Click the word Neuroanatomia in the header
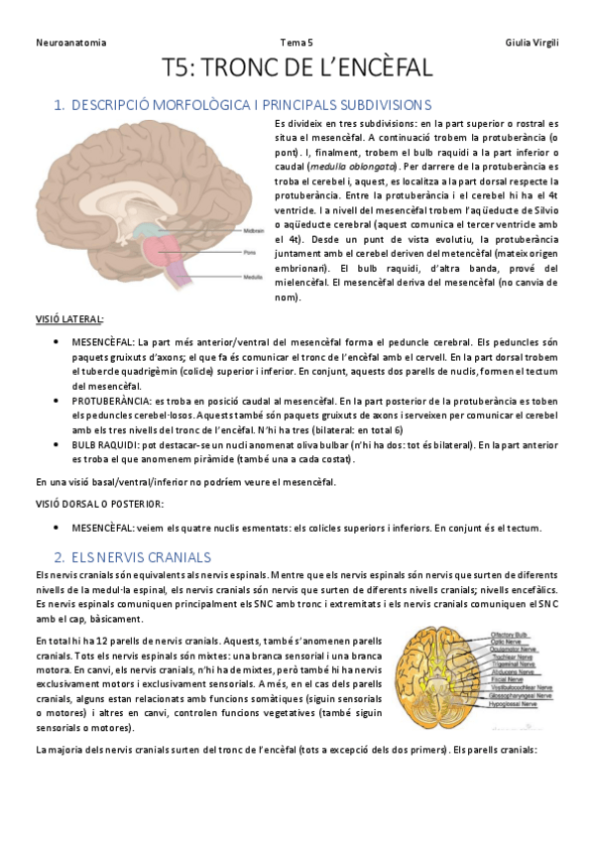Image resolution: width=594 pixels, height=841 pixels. tap(70, 43)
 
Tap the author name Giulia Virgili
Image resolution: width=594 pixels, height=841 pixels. tap(532, 43)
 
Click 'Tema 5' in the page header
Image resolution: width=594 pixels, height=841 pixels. tap(297, 43)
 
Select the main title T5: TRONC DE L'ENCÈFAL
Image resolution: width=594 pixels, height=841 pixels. tap(297, 68)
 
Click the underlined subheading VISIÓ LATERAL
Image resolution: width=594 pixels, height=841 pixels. tap(70, 319)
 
